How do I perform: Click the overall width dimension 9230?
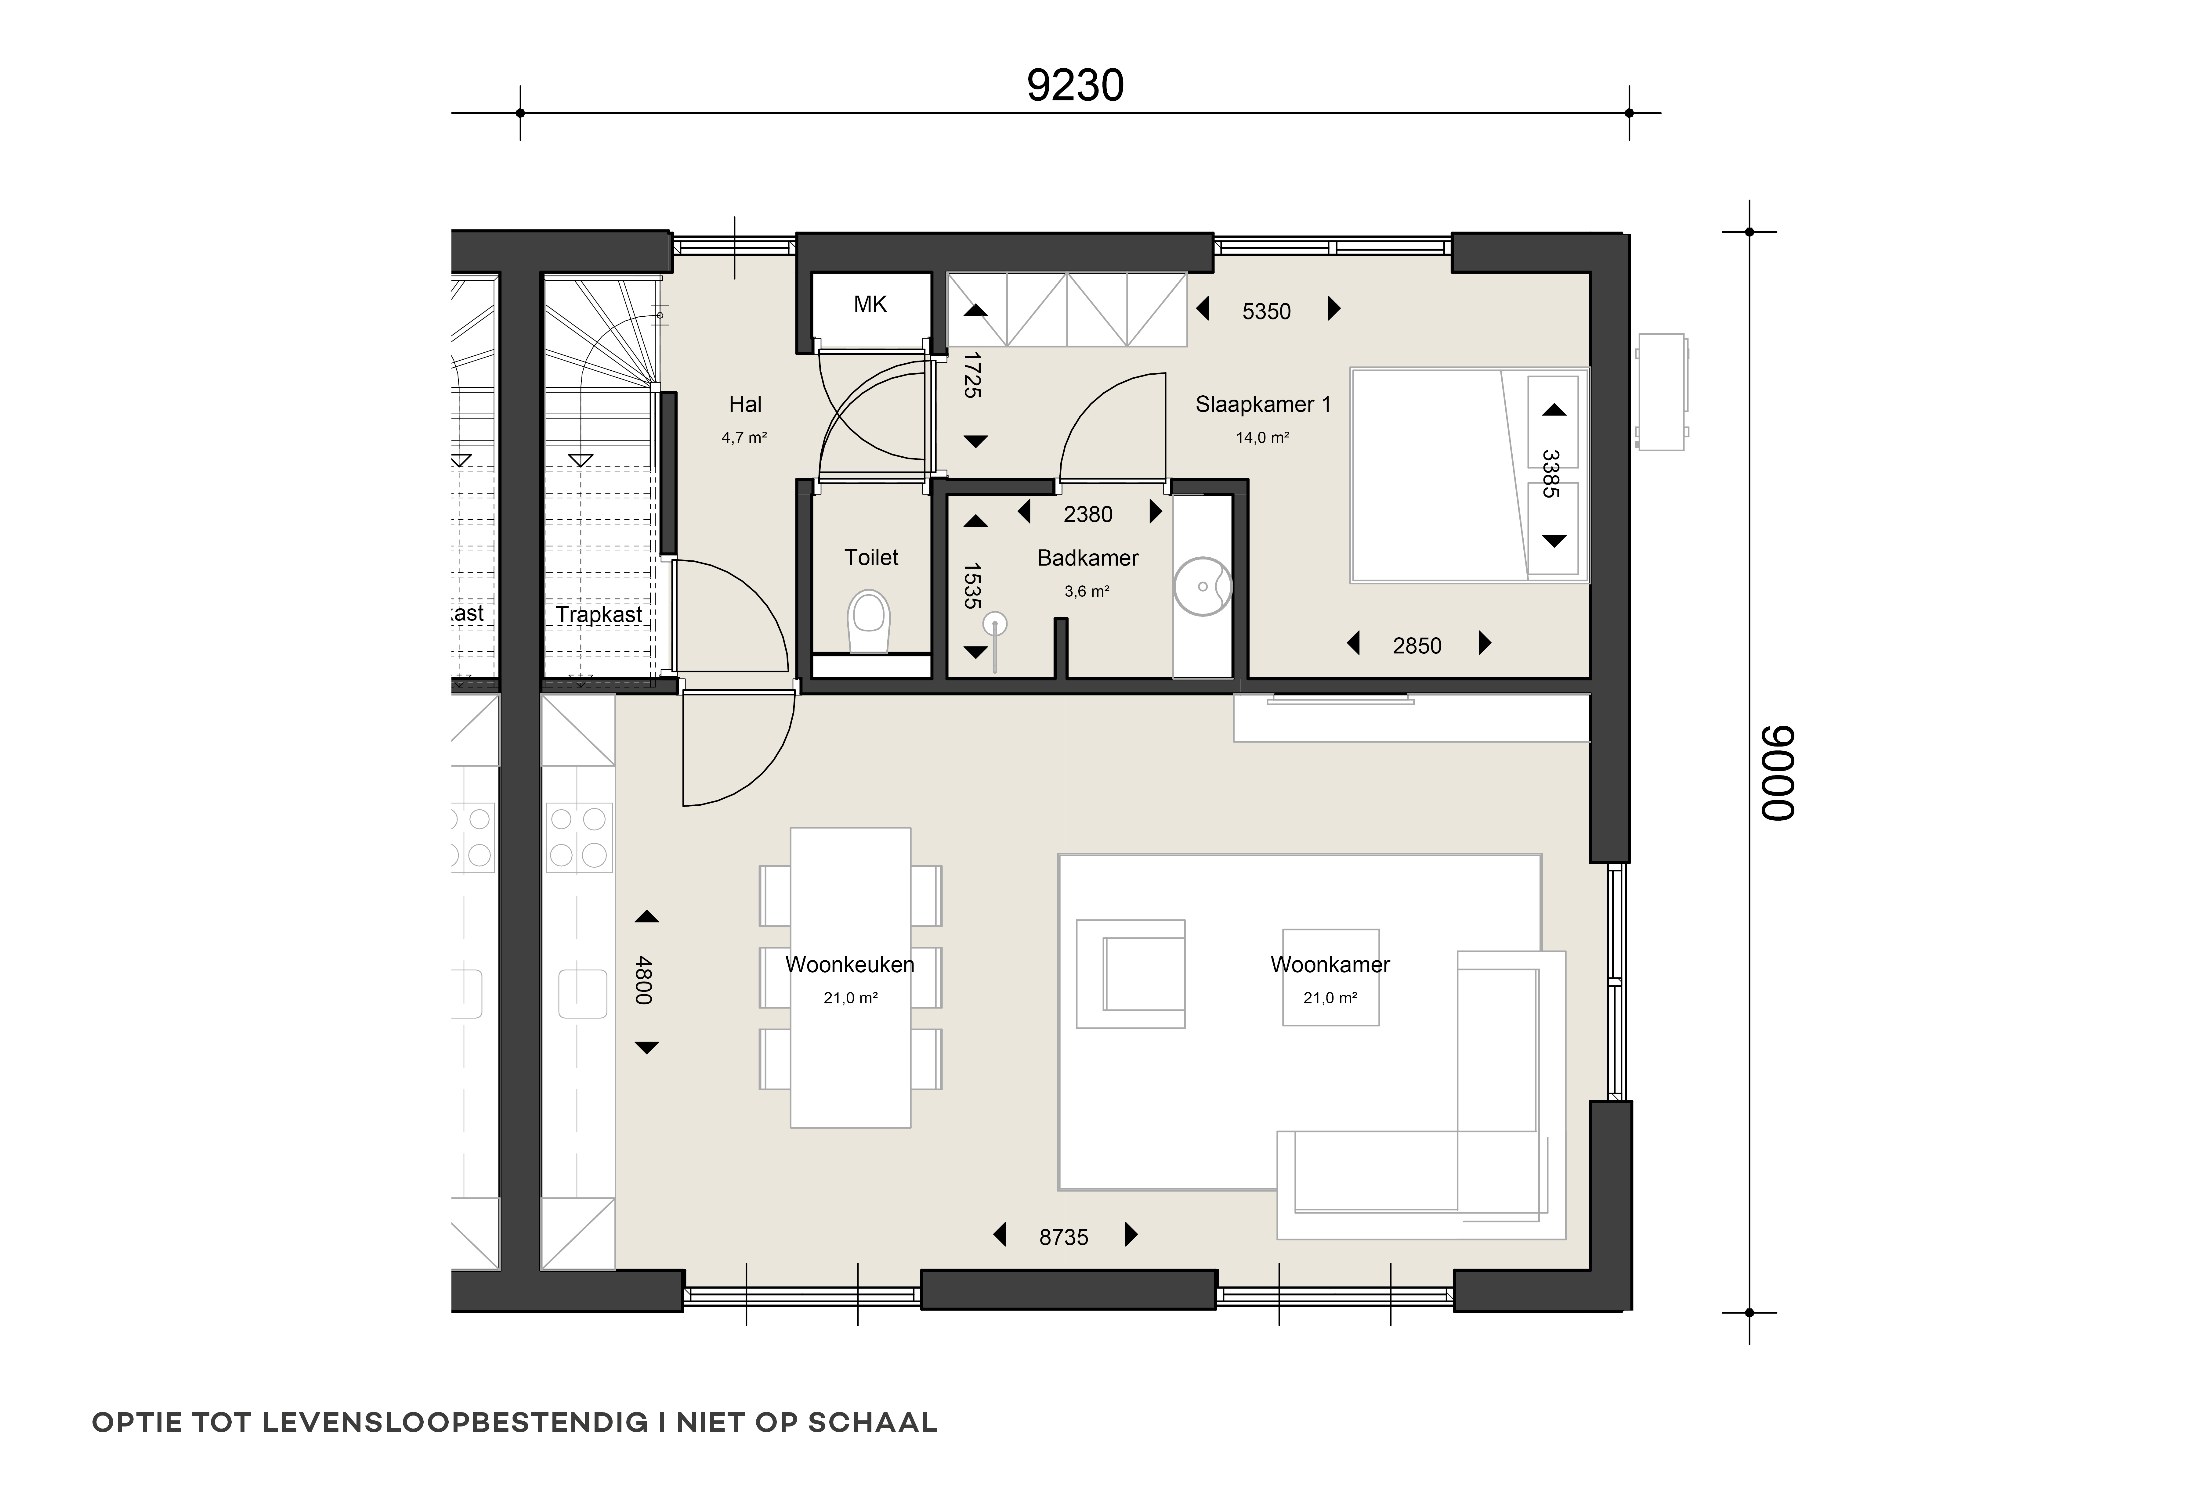tap(1075, 85)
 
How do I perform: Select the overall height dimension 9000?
tap(1777, 773)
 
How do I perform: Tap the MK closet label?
tap(870, 304)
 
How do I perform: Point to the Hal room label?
tap(745, 404)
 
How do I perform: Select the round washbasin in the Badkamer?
tap(1202, 586)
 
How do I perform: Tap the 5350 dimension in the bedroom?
tap(1267, 311)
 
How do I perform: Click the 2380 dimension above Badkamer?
tap(1088, 514)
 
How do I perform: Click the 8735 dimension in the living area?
tap(1064, 1237)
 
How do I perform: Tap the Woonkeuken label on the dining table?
tap(850, 964)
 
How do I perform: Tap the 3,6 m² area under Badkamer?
tap(1087, 592)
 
